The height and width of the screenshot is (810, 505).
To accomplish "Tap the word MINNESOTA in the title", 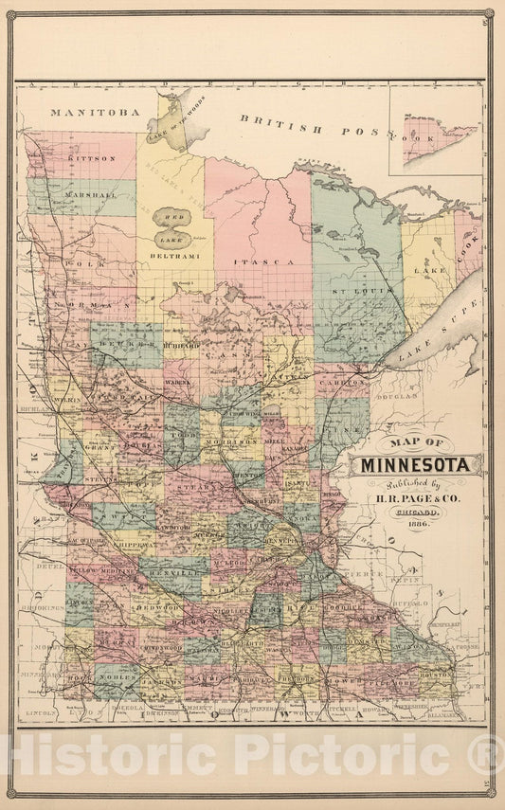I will (x=418, y=465).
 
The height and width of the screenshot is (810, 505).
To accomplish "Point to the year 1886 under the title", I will (x=418, y=524).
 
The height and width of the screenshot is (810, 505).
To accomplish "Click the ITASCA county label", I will (x=259, y=259).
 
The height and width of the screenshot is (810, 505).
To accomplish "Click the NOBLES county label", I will (x=120, y=680).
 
